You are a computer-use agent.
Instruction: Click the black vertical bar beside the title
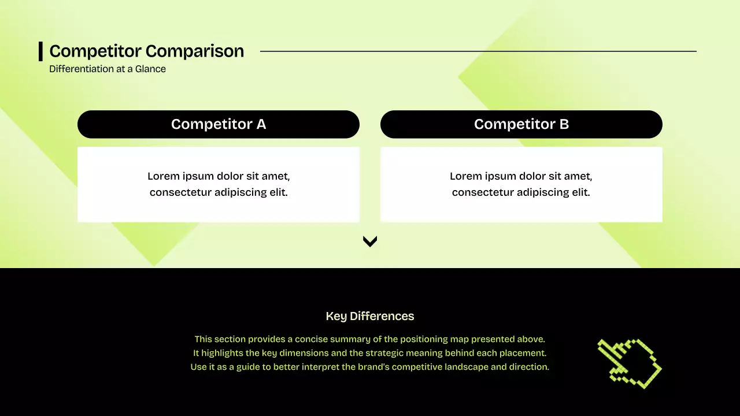pos(40,51)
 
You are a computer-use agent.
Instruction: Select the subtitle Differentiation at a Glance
pos(108,69)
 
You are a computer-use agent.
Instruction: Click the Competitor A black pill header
pos(218,124)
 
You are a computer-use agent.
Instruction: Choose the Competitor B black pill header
pos(521,124)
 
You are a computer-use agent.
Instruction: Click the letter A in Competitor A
pos(261,124)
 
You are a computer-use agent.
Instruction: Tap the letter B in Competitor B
pos(564,124)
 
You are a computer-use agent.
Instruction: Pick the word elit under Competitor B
pos(580,192)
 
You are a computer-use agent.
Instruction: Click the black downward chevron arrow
pos(370,242)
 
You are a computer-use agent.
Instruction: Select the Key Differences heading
pos(370,316)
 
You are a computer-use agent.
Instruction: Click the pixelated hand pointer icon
pos(629,363)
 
